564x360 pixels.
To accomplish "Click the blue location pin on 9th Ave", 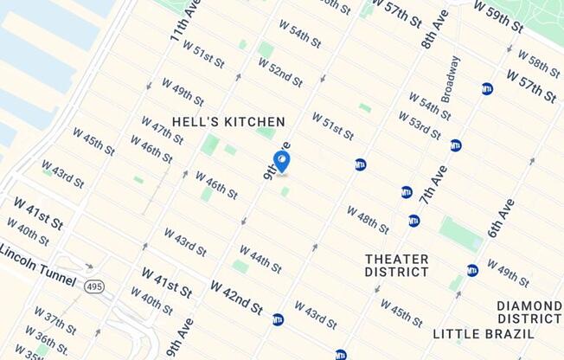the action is pyautogui.click(x=281, y=162).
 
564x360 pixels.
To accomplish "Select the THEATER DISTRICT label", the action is pyautogui.click(x=397, y=265).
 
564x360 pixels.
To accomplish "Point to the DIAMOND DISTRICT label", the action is pyautogui.click(x=529, y=312).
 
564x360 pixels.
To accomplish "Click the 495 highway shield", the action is pyautogui.click(x=93, y=286).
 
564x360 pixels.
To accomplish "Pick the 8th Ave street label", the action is pyautogui.click(x=435, y=29).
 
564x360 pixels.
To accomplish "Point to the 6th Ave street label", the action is pyautogui.click(x=502, y=218).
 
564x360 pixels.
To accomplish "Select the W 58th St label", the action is pyautogui.click(x=538, y=63).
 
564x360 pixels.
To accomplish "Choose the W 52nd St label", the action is pyautogui.click(x=280, y=74).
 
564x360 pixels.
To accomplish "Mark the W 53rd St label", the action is pyautogui.click(x=420, y=126).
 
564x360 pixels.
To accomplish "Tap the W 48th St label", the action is pyautogui.click(x=369, y=220).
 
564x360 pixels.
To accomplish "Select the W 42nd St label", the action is pyautogui.click(x=236, y=297).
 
